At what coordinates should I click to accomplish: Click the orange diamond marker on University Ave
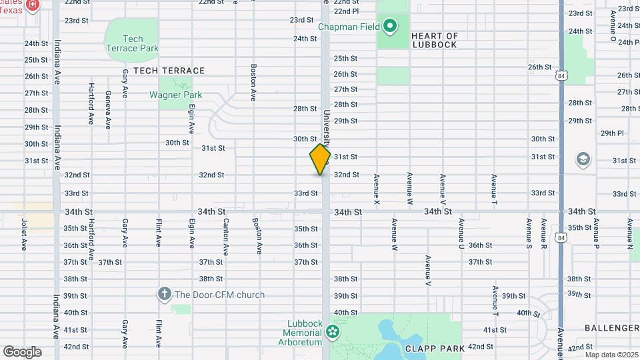pos(320,159)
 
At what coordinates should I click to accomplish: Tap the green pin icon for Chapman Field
pos(390,27)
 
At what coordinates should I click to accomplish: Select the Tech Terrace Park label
pos(132,43)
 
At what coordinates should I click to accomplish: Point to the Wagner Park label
pos(175,95)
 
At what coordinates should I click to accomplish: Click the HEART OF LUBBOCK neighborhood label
pos(434,40)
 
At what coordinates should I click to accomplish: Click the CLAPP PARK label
pos(430,348)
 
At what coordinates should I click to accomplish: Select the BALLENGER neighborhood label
pos(612,328)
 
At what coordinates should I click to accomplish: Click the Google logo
pos(21,351)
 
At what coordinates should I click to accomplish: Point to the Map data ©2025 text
pos(611,355)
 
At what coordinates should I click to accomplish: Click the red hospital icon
pos(32,6)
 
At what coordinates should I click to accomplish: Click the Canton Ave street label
pos(226,237)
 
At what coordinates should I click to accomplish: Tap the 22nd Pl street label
pos(346,11)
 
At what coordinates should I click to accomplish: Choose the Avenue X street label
pos(377,189)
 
